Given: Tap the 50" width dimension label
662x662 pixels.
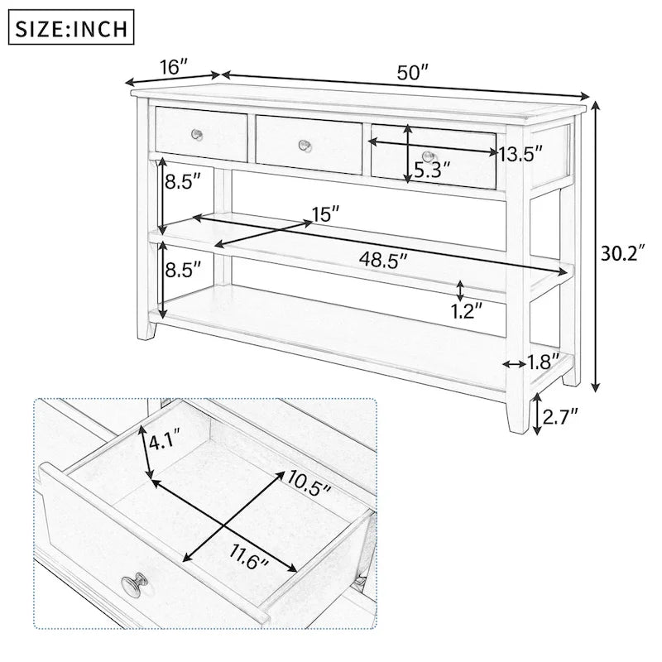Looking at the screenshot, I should (x=411, y=72).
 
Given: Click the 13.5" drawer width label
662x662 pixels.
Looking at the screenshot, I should (x=520, y=153).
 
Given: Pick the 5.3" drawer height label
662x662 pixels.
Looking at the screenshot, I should (x=432, y=171).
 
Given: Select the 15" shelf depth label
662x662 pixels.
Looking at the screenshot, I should (x=325, y=214).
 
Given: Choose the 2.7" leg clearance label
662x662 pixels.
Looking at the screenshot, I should (x=560, y=412).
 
